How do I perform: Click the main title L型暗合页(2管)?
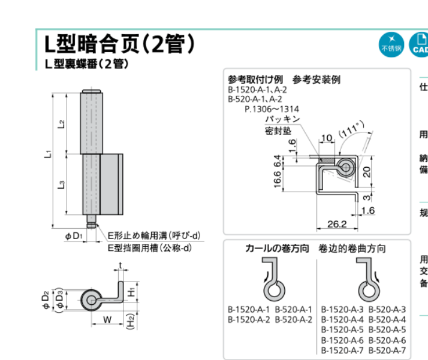coord(120,44)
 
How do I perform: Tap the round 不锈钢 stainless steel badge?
coord(391,44)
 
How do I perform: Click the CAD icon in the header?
coord(420,44)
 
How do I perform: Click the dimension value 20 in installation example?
coord(366,171)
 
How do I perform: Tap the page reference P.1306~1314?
coord(271,109)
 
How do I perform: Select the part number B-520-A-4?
coord(387,319)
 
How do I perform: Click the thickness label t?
coord(120,265)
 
